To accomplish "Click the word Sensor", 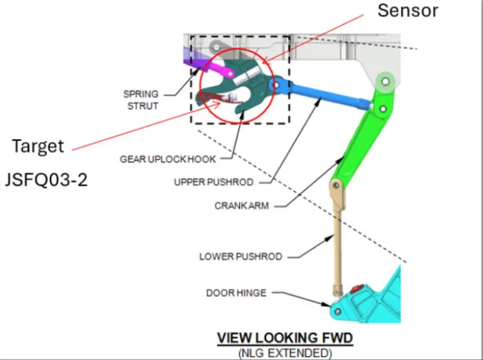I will coord(407,11).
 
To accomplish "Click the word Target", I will coord(38,146).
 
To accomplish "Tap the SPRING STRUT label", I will coord(142,99).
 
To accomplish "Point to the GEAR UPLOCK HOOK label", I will coord(168,159).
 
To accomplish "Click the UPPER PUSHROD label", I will coord(214,182).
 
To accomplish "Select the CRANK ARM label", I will coord(241,205).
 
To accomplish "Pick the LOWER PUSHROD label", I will coord(241,257).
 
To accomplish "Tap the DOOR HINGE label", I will coord(237,293).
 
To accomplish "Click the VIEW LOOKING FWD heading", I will coord(285,339).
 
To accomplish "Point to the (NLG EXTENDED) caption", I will coord(285,354).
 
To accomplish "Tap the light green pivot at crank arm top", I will coord(386,80).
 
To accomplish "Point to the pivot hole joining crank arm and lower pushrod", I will coord(336,185).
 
